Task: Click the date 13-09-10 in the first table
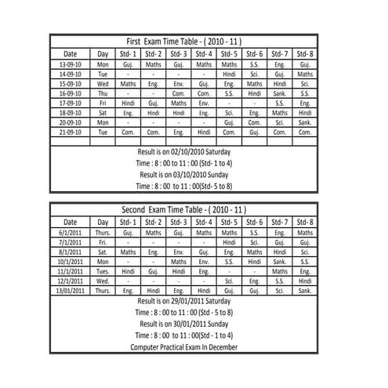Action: tap(71, 63)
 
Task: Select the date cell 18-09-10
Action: tap(71, 113)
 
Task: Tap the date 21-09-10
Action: tap(71, 132)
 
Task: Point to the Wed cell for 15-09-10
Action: tap(103, 83)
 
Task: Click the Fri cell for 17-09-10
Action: tap(103, 103)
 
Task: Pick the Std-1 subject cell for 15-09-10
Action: tap(129, 83)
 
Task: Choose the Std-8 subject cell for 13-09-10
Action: tap(305, 63)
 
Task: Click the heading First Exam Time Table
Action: tap(184, 41)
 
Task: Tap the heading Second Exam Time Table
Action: tap(184, 210)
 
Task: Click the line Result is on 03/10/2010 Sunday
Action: tap(184, 174)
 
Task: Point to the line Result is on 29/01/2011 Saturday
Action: tap(184, 300)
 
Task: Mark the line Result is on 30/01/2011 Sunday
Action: tap(184, 323)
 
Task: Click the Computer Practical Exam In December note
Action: tap(184, 346)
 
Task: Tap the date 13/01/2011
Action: tap(71, 290)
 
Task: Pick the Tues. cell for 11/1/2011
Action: tap(103, 270)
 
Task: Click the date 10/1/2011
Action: tap(71, 261)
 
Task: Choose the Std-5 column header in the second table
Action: tap(229, 222)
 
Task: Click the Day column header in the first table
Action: tap(103, 53)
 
